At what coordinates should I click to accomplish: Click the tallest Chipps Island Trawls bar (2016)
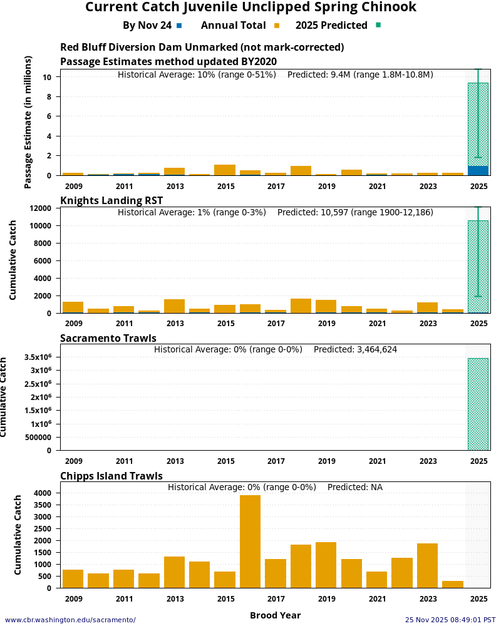(250, 541)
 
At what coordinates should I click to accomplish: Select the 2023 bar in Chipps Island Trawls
(427, 565)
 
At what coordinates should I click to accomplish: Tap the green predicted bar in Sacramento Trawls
(478, 404)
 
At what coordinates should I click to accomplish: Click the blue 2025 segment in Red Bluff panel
(478, 170)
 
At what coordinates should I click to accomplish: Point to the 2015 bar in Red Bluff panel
(225, 170)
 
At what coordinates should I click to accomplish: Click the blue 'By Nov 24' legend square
(179, 26)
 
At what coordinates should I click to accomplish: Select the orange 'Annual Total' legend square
(277, 26)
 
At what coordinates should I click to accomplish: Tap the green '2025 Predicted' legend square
(378, 26)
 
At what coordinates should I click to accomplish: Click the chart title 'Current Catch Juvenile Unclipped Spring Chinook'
(250, 8)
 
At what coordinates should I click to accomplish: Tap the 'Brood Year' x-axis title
(275, 615)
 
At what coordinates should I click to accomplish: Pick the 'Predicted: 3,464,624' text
(355, 349)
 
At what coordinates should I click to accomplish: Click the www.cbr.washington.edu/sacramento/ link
(70, 620)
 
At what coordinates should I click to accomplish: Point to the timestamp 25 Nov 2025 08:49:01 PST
(450, 620)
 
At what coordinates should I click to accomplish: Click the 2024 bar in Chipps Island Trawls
(453, 584)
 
